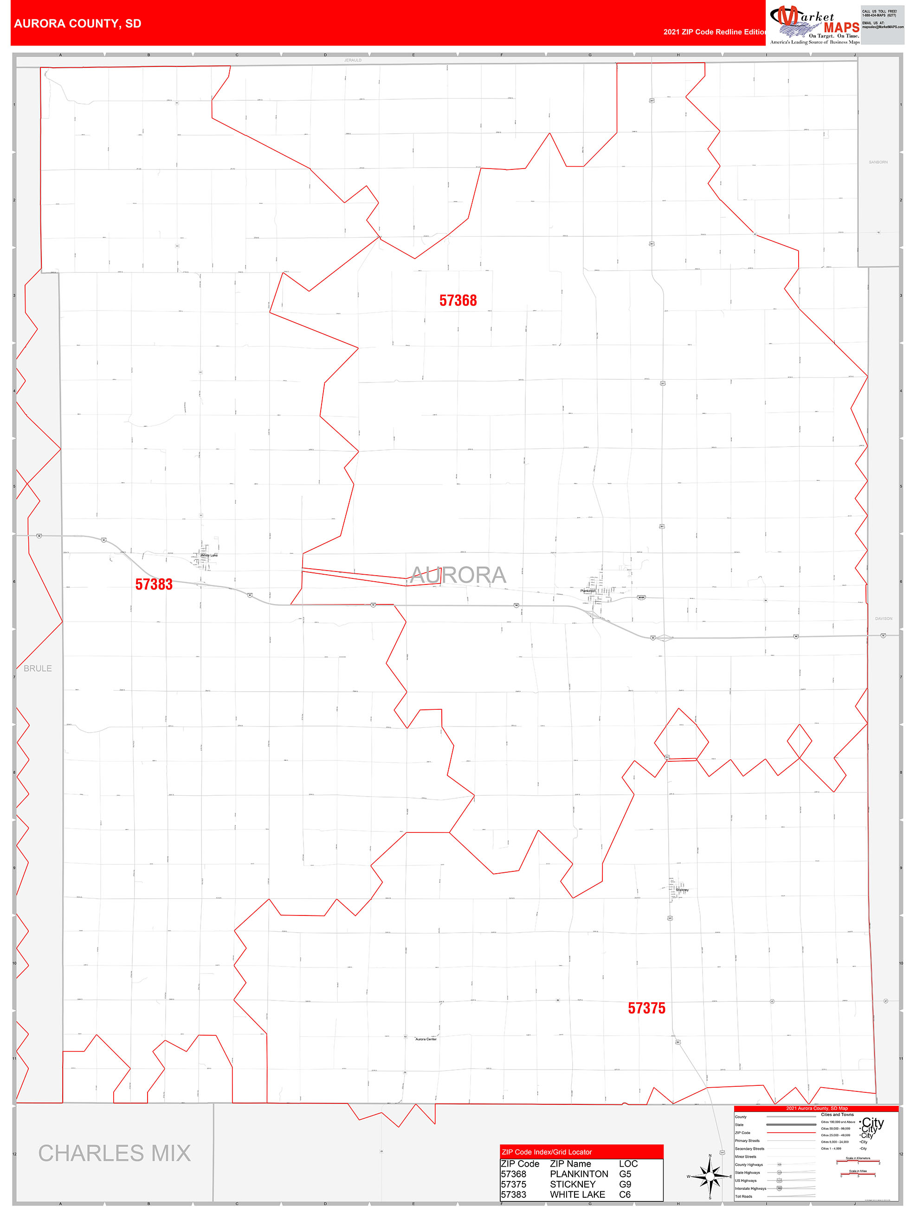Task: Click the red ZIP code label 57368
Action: [458, 301]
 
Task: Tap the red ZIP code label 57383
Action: [154, 584]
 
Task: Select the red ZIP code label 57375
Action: [646, 1008]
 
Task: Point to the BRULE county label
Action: [38, 668]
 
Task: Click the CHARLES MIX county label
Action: [115, 1154]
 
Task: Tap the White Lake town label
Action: [209, 556]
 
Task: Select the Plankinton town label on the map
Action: [588, 591]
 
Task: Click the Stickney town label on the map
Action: [682, 890]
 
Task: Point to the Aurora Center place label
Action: [426, 1039]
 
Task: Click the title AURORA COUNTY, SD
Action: [77, 24]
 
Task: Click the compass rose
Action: [710, 1176]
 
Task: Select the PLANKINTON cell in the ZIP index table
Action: [579, 1174]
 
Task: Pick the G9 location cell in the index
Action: [625, 1184]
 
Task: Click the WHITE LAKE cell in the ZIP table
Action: [577, 1194]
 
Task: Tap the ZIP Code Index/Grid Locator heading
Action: [547, 1152]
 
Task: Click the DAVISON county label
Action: [883, 619]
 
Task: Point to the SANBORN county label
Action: [878, 162]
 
